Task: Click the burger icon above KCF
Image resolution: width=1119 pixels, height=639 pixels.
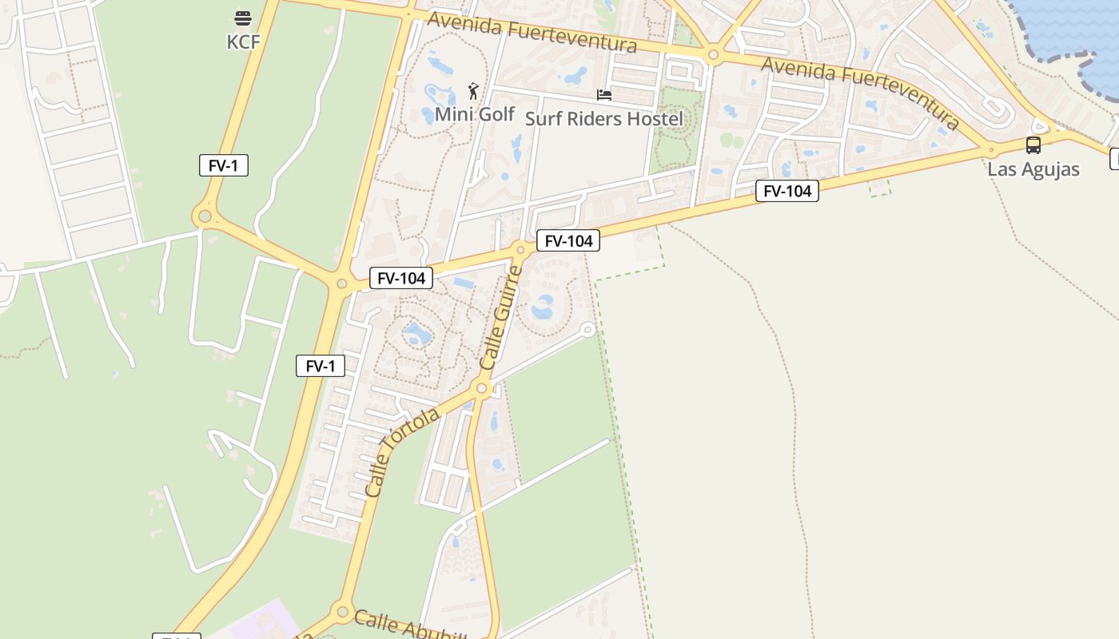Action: [x=243, y=18]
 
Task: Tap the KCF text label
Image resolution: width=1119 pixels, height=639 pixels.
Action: [x=243, y=42]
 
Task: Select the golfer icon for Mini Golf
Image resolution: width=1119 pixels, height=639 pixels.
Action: [x=473, y=91]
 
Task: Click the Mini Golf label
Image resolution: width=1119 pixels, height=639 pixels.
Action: [x=475, y=114]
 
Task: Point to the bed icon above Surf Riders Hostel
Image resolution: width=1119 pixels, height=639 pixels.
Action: [x=604, y=95]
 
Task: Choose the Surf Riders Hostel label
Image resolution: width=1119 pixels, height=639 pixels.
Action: [x=604, y=120]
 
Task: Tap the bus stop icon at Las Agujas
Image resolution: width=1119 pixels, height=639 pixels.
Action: [x=1033, y=145]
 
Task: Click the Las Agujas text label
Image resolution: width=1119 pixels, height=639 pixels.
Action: [x=1033, y=169]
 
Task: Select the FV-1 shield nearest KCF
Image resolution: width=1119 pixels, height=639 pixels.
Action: [x=224, y=165]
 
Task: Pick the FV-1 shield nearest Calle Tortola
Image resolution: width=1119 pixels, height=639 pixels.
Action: [x=321, y=366]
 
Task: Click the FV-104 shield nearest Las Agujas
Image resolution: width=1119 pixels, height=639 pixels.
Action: [x=787, y=191]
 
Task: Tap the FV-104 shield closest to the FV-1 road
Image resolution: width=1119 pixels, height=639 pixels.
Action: [x=401, y=278]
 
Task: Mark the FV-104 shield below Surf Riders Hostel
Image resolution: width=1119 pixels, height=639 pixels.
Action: [x=568, y=240]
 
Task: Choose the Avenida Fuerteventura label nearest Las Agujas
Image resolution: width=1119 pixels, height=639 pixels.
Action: [x=860, y=92]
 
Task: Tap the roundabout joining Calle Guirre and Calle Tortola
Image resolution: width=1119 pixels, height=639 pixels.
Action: [x=481, y=389]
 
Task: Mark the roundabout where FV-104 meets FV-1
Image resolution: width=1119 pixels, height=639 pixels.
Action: [x=342, y=283]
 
